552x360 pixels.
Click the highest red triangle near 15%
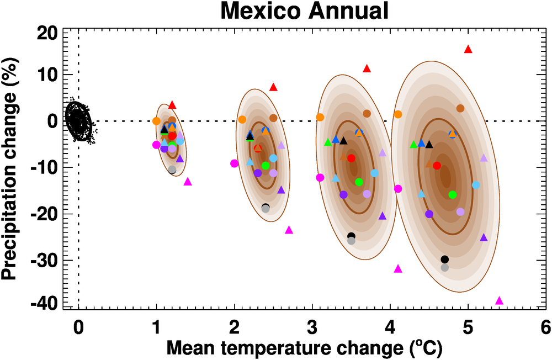(468, 49)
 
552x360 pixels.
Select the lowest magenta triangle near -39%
(500, 301)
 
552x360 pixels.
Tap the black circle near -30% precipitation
(445, 260)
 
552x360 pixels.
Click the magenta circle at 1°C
(156, 145)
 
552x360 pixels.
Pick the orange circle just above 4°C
(398, 114)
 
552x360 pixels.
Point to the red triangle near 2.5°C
(273, 87)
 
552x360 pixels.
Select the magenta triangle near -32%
(398, 269)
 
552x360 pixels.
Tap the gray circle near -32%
(445, 268)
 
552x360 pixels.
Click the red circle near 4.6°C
(437, 166)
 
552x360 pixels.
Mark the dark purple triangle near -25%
(484, 237)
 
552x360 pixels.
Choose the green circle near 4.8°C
(453, 194)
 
